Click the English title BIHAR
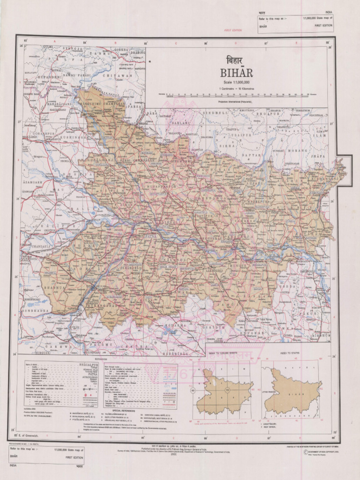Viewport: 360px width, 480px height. pos(236,73)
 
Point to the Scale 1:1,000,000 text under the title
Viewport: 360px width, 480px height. pos(236,82)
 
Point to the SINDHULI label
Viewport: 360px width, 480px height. pos(216,113)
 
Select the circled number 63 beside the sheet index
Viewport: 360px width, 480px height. pos(193,390)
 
